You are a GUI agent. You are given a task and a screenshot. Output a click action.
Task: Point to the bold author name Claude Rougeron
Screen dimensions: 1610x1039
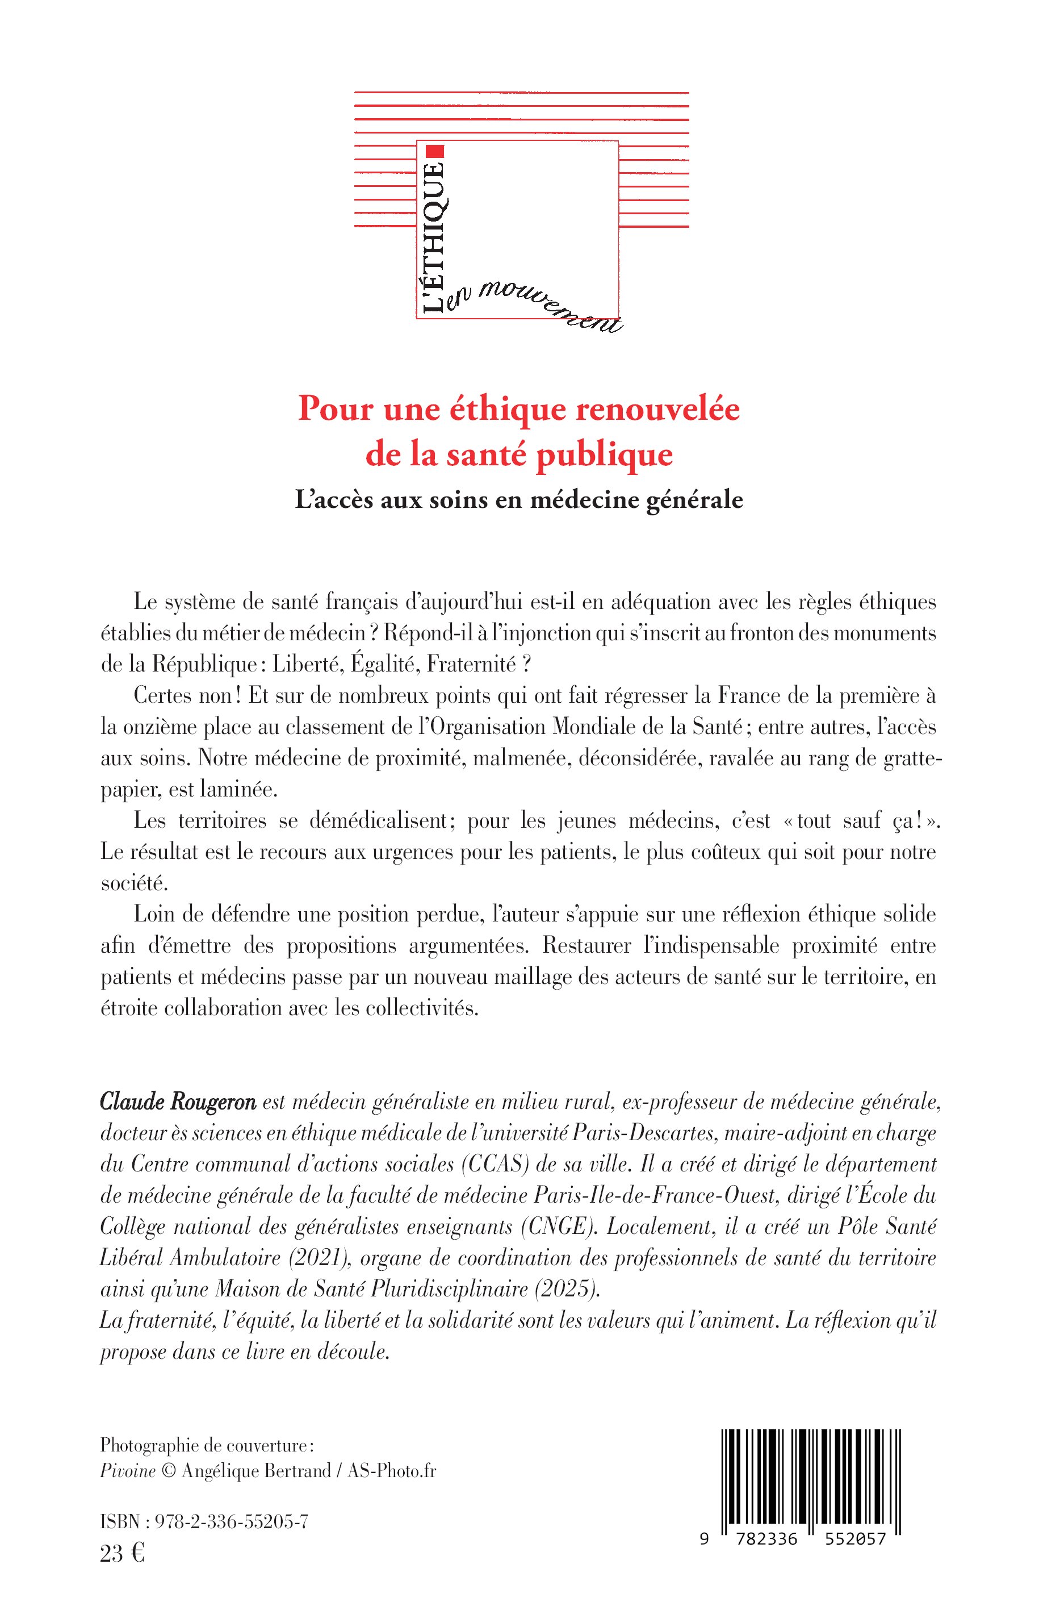coord(178,1102)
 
